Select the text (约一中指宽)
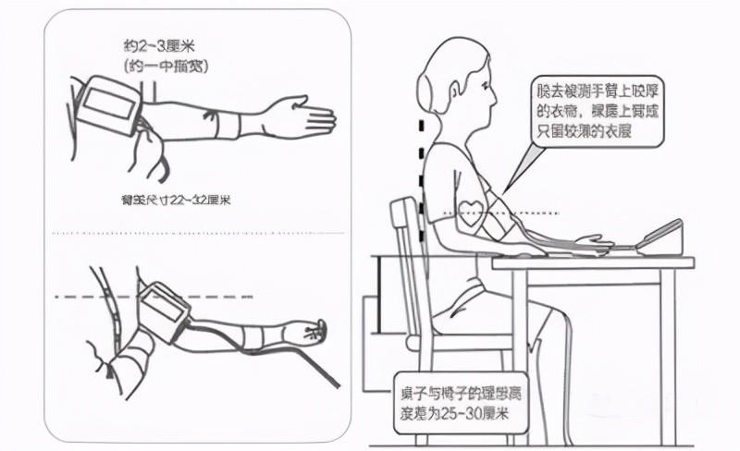tap(164, 65)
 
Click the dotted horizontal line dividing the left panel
tap(199, 232)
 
